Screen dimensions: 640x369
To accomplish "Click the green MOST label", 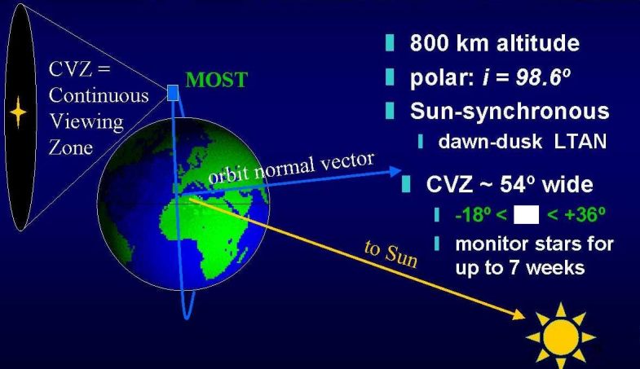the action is pyautogui.click(x=216, y=80).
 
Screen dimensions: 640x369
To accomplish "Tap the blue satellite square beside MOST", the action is pyautogui.click(x=173, y=93).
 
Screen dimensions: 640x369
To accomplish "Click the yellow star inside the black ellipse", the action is pyautogui.click(x=18, y=112).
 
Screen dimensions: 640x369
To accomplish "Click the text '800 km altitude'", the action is pyautogui.click(x=494, y=43).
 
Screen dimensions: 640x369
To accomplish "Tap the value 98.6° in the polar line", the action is pyautogui.click(x=543, y=77).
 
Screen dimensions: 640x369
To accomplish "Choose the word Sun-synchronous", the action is pyautogui.click(x=510, y=111).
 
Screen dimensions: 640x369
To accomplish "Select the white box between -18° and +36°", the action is pyautogui.click(x=526, y=215).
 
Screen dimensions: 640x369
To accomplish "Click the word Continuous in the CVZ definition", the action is pyautogui.click(x=99, y=95).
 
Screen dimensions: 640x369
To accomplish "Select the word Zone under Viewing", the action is pyautogui.click(x=71, y=147).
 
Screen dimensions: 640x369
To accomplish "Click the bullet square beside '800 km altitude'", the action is pyautogui.click(x=390, y=43).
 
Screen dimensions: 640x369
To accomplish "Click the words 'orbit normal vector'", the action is pyautogui.click(x=291, y=168).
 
